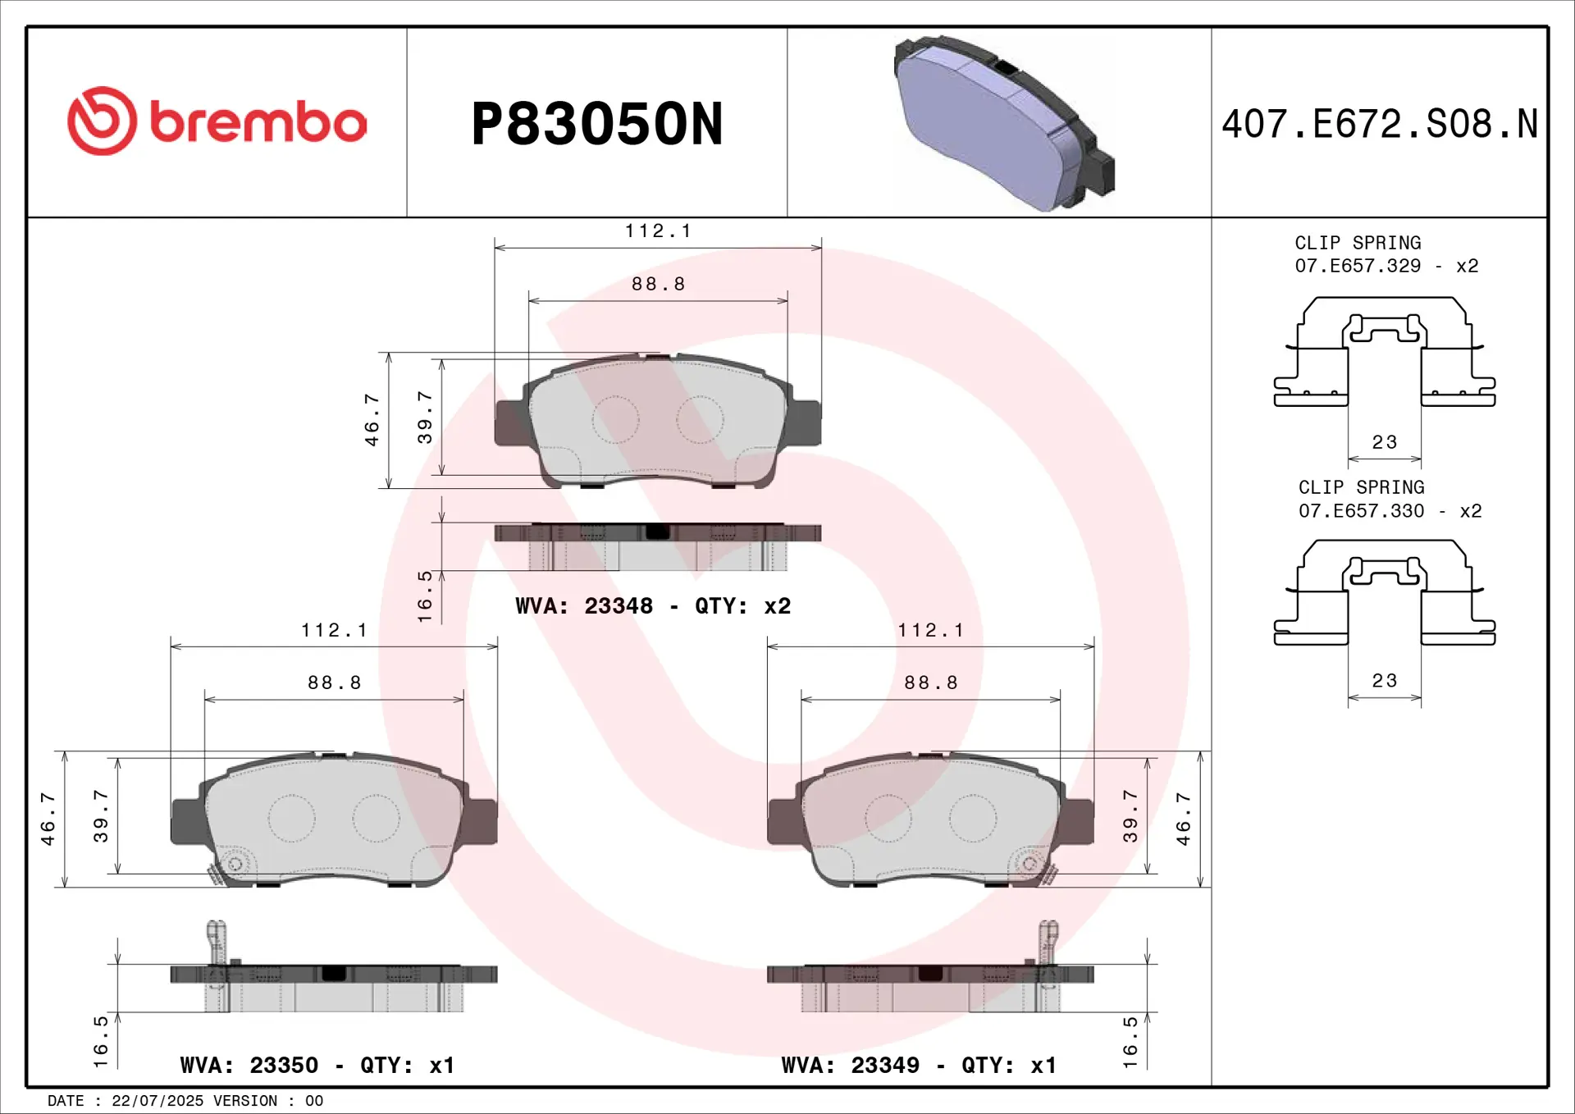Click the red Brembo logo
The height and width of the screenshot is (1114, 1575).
coord(217,121)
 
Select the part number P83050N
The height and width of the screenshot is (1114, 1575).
coord(597,124)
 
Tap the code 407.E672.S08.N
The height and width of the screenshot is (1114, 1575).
coord(1380,124)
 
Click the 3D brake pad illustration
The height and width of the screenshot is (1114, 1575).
coord(1004,123)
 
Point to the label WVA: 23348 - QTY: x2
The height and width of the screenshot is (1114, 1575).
coord(653,605)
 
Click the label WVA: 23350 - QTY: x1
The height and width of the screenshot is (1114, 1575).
coord(317,1065)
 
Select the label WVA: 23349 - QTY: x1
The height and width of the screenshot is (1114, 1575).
coord(919,1065)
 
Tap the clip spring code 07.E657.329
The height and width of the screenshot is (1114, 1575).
coord(1358,266)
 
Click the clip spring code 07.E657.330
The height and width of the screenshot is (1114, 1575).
coord(1362,511)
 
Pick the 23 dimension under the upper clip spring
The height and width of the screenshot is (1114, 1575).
coord(1385,442)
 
